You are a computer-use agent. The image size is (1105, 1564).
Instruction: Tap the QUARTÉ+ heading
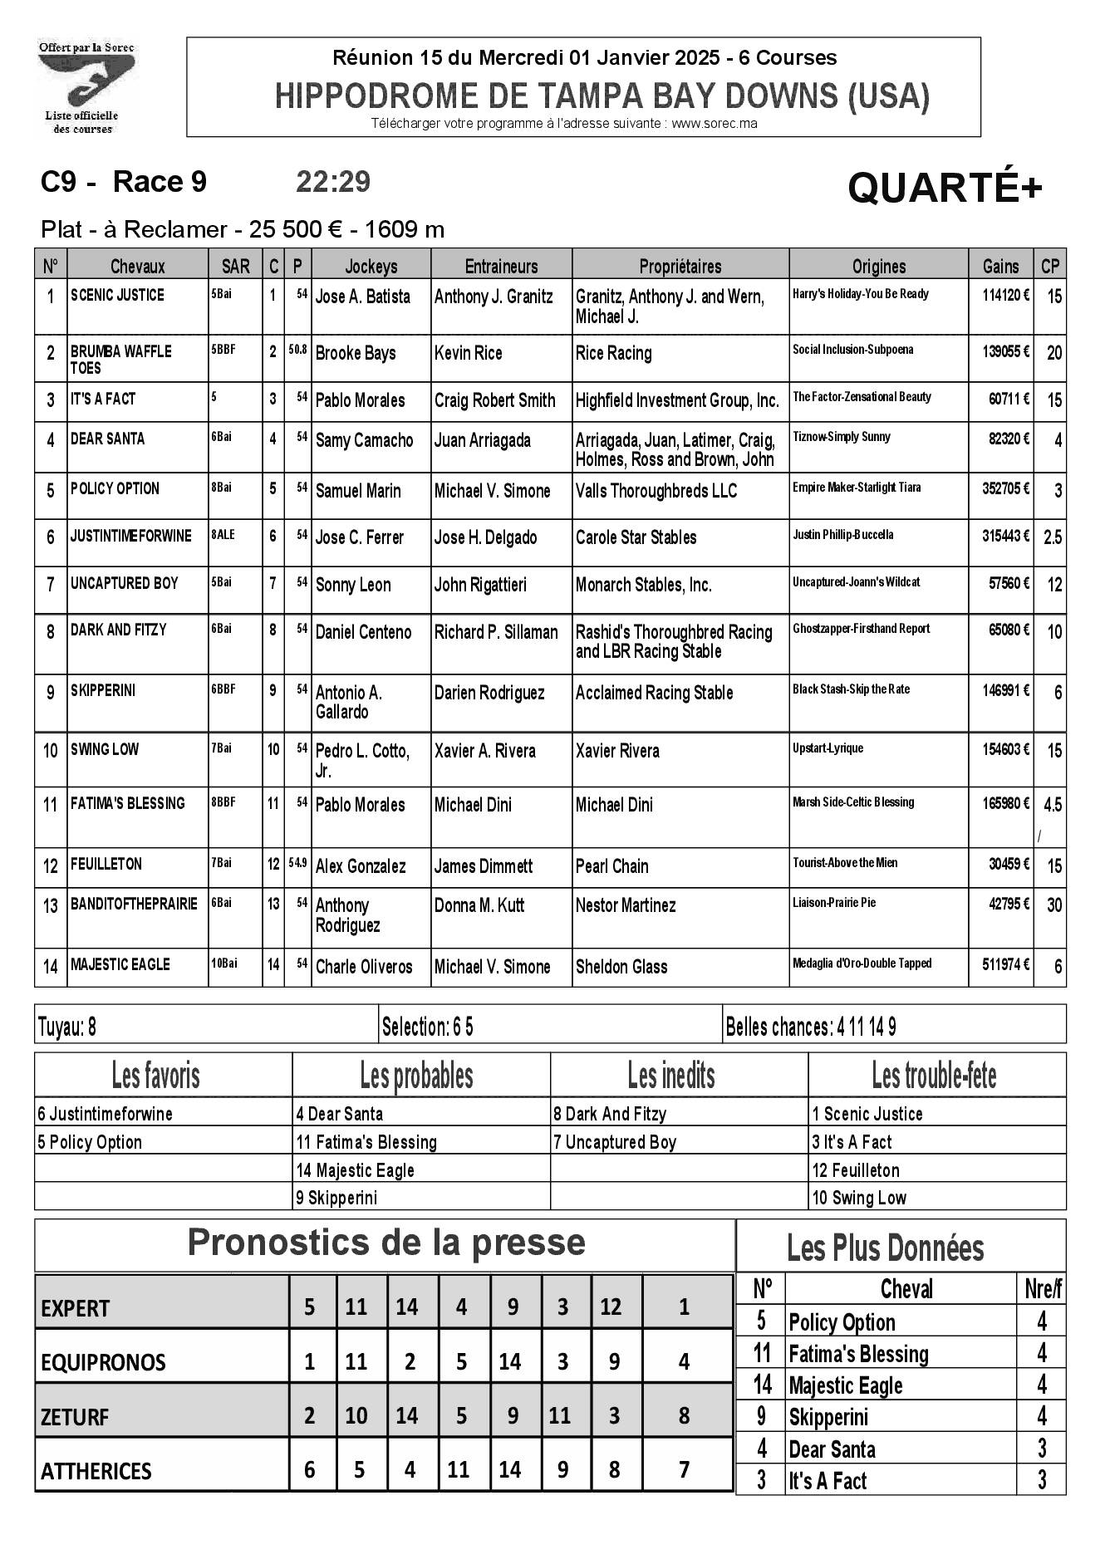[x=944, y=189]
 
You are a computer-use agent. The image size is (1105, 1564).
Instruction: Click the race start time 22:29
[x=333, y=182]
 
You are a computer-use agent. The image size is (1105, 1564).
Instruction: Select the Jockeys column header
[x=371, y=266]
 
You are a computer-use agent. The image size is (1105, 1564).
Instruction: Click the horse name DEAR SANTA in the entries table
[x=107, y=439]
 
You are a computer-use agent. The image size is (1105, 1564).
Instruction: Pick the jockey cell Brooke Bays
[x=356, y=353]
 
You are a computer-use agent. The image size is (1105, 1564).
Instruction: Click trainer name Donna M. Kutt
[x=479, y=905]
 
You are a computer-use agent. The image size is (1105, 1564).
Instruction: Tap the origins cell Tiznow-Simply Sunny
[x=841, y=437]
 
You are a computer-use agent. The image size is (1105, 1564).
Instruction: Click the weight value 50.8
[x=297, y=351]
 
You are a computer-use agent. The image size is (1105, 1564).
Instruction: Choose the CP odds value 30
[x=1053, y=905]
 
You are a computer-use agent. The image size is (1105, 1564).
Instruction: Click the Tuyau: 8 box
[x=67, y=1027]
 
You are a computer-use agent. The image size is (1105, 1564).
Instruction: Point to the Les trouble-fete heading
[x=935, y=1076]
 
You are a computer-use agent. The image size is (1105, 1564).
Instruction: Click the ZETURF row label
[x=75, y=1417]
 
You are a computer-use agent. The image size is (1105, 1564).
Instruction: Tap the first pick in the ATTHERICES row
[x=309, y=1469]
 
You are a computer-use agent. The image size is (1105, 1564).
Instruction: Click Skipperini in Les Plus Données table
[x=828, y=1417]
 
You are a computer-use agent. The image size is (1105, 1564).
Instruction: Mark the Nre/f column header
[x=1043, y=1289]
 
